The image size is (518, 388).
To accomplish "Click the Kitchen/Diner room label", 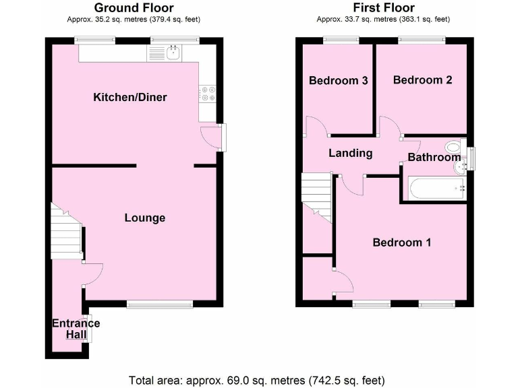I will tap(129, 98).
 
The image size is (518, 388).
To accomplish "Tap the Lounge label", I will tap(144, 218).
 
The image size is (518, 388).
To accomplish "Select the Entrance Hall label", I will tap(76, 329).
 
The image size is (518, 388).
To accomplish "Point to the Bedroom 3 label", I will tap(338, 81).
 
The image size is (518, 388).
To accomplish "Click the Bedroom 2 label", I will tap(422, 80).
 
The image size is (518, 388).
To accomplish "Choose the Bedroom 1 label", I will tap(402, 243).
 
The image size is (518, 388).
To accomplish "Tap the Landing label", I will tap(350, 153).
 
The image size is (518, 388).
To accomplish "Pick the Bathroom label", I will tap(434, 158).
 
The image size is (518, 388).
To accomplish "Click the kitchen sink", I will tap(174, 53).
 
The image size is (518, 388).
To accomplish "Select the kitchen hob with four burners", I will tap(207, 95).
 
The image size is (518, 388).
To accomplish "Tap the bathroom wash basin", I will tap(461, 164).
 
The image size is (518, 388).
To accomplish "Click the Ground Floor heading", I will tap(133, 8).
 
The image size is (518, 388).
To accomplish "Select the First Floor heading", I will tap(383, 8).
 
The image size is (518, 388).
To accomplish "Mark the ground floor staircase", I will tap(66, 232).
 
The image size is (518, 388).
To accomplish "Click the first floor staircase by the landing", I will tap(316, 195).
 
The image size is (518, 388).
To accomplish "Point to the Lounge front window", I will tap(159, 304).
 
